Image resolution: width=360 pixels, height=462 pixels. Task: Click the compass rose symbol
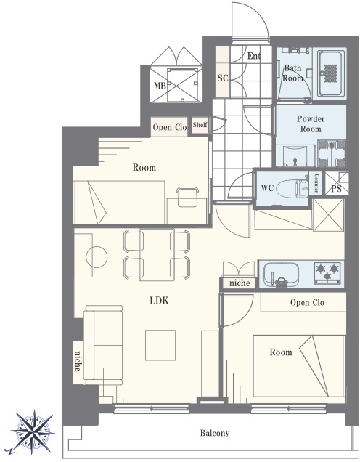[33, 432]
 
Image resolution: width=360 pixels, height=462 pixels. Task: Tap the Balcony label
[215, 433]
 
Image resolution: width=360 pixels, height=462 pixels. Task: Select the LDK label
[159, 301]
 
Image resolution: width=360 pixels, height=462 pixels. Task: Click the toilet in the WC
[291, 187]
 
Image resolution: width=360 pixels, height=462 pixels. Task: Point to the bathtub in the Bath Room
[331, 73]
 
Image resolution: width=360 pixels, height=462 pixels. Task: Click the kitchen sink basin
[281, 275]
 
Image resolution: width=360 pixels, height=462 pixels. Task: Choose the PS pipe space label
[336, 189]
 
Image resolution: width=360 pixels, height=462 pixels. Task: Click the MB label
[160, 86]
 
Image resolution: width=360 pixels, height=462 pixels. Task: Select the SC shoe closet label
[223, 78]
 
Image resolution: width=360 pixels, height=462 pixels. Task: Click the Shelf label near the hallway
[200, 125]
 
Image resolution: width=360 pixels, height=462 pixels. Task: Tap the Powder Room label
[311, 123]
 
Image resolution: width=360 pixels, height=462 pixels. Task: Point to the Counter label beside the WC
[316, 183]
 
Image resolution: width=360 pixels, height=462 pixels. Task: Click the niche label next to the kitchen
[240, 283]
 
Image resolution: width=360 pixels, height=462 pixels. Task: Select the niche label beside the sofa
[78, 361]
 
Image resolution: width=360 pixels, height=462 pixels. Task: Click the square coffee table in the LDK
[160, 345]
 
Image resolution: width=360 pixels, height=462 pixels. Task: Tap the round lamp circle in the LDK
[97, 257]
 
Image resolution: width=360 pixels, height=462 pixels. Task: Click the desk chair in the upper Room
[187, 196]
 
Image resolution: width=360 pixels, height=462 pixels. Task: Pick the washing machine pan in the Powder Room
[331, 153]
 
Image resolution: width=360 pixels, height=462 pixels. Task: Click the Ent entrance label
[254, 56]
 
